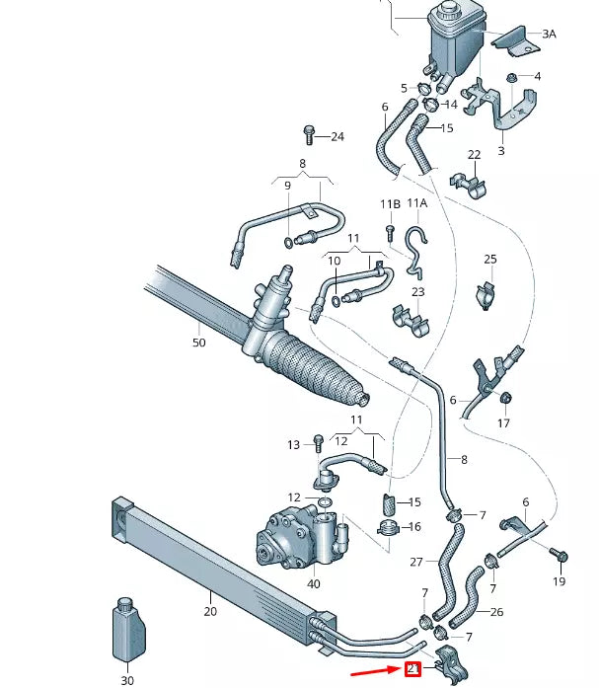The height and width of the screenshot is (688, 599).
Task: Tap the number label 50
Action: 199,343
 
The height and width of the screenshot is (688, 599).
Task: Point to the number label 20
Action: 210,611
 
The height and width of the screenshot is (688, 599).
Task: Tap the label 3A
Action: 548,34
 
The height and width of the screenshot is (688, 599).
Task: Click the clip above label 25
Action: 485,295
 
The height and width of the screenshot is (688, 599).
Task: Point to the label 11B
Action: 391,204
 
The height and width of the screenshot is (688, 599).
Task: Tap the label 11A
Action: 417,204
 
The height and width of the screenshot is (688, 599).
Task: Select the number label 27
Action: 415,562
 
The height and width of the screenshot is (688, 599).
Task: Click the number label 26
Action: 496,612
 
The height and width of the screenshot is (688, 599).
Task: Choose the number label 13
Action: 293,445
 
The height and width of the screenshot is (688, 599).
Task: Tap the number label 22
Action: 474,155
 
